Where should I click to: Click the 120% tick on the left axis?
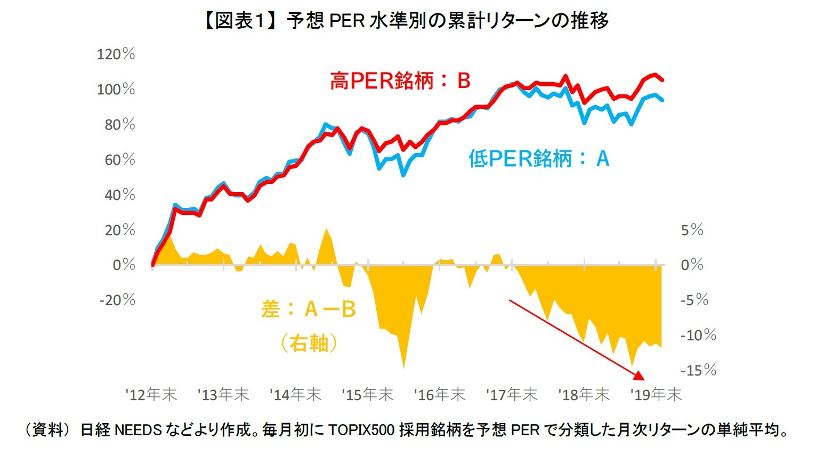(116, 54)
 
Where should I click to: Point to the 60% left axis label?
(119, 159)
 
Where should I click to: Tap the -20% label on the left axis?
(117, 300)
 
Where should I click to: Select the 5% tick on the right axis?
(692, 230)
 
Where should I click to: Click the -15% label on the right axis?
(698, 370)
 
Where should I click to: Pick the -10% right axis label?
(698, 335)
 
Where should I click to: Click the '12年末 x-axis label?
(151, 395)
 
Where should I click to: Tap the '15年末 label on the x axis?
(368, 395)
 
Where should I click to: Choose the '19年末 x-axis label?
(656, 395)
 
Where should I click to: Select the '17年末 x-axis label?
(512, 395)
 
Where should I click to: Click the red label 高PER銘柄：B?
(400, 81)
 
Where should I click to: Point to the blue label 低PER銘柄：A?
(539, 158)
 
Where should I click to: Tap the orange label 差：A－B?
(309, 309)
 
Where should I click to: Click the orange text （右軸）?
(309, 343)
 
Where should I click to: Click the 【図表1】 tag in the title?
(240, 21)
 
